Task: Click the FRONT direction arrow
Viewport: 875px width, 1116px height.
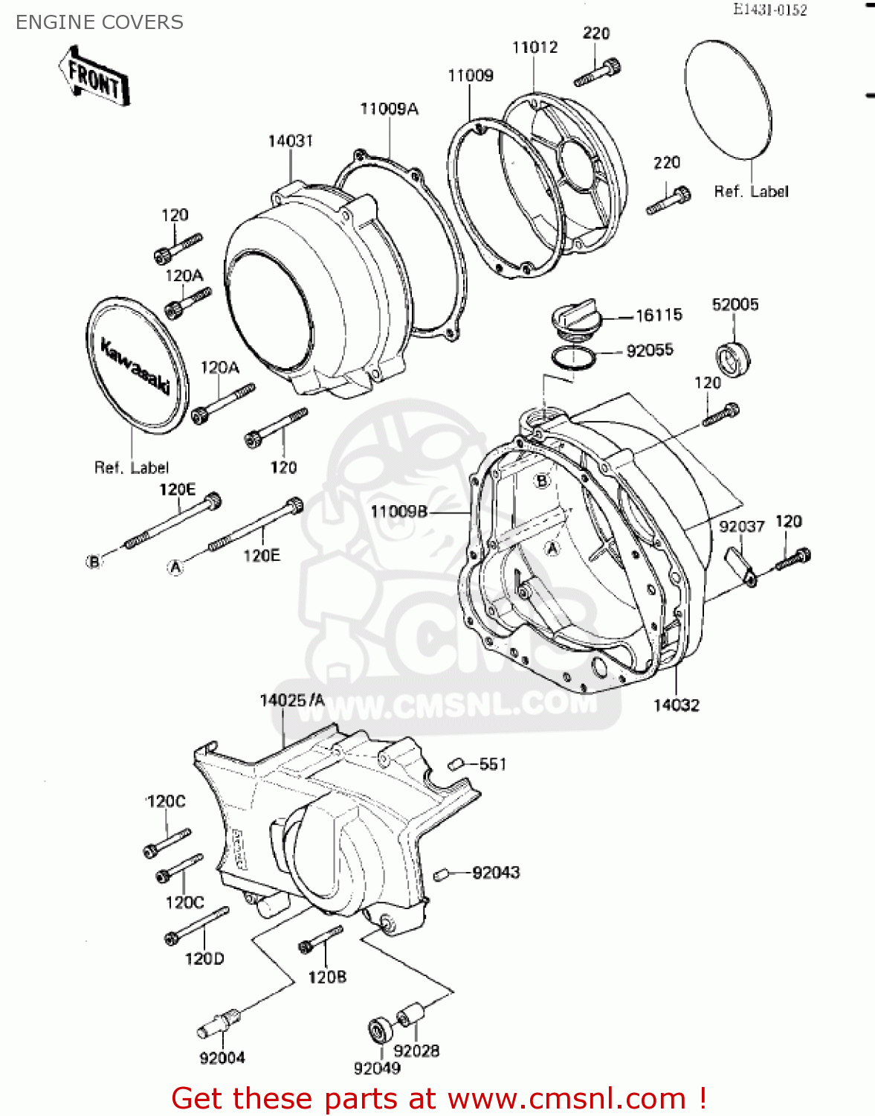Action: point(94,77)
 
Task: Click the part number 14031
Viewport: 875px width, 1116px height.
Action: point(291,141)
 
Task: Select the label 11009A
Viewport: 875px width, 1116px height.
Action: point(389,109)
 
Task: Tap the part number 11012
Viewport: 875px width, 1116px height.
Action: point(535,47)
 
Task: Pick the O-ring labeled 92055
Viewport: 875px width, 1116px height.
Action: point(573,358)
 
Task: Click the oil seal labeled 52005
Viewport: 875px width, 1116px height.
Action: point(733,359)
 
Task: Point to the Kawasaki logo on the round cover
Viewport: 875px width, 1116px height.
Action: point(136,367)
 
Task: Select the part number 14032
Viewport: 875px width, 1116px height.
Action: point(676,705)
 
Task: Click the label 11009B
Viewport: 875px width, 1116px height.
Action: point(399,511)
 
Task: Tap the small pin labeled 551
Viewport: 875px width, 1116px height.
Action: point(456,764)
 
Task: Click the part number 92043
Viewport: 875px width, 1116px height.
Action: point(496,872)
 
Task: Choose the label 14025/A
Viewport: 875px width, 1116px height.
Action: point(292,700)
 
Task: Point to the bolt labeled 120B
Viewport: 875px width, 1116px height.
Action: point(320,939)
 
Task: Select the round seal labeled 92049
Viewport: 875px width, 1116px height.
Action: point(380,1030)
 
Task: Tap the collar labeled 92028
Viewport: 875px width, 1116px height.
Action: point(410,1015)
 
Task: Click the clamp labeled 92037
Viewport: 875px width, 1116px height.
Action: point(741,565)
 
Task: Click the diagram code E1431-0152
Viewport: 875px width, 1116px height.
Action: point(769,10)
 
